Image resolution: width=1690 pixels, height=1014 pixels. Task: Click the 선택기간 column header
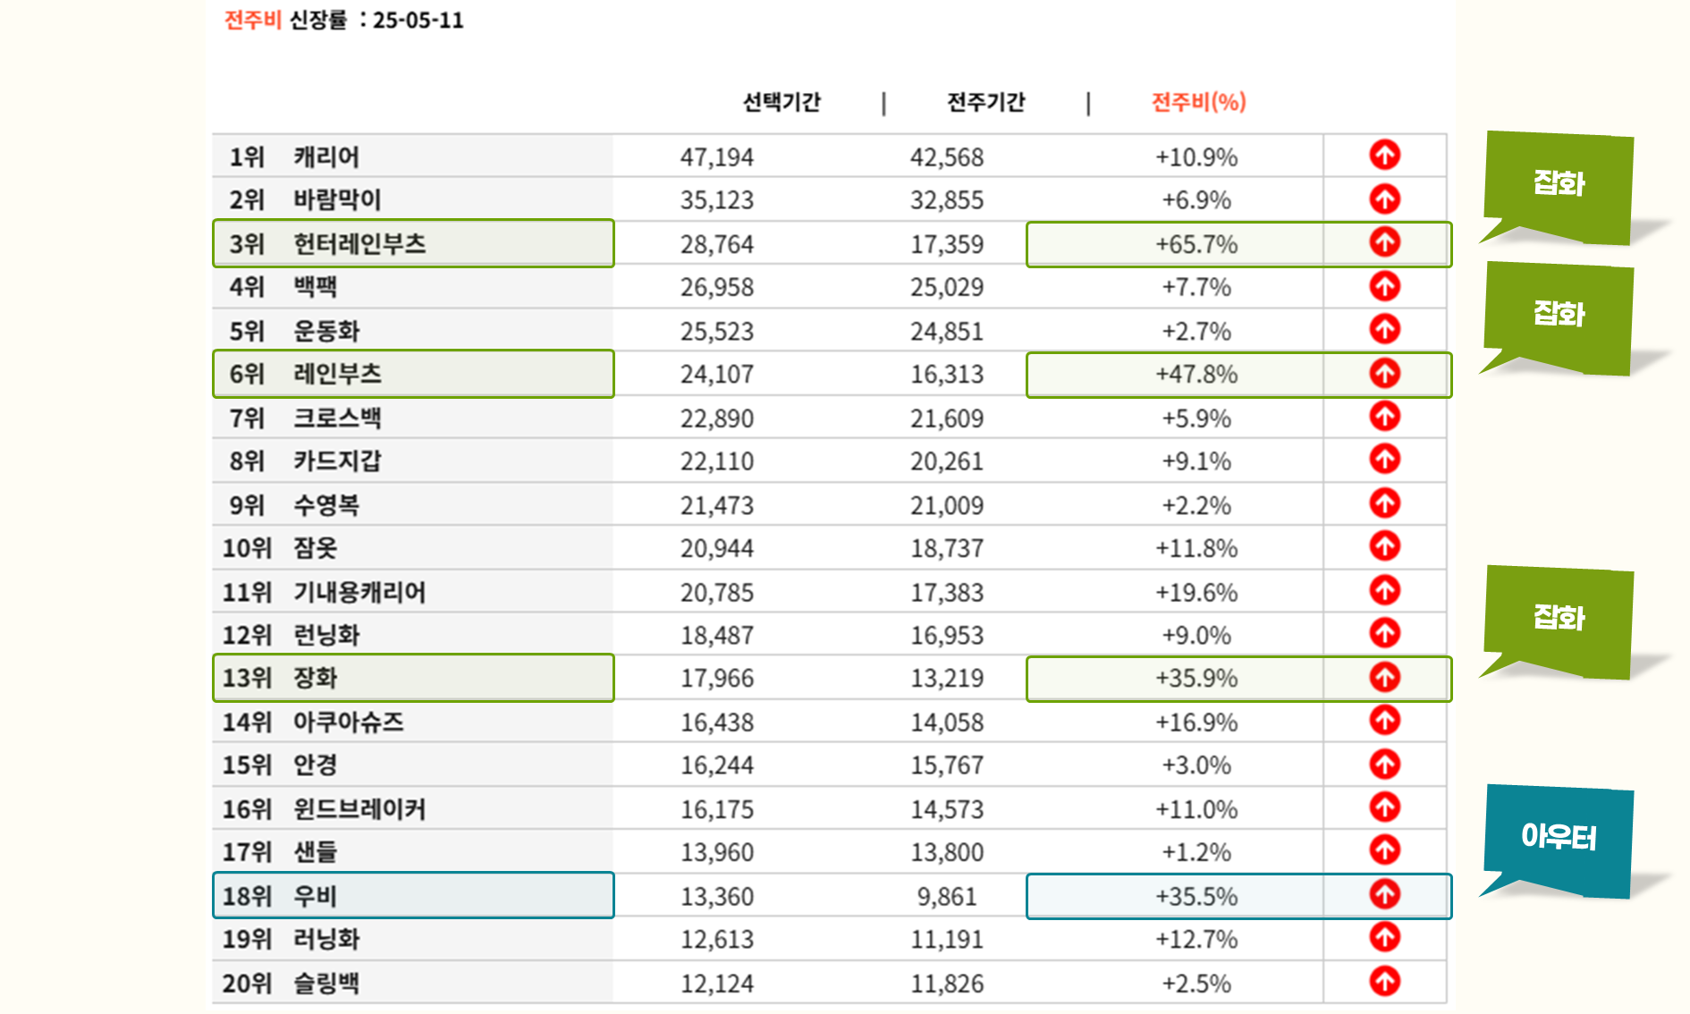click(x=781, y=102)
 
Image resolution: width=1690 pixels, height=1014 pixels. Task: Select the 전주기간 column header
click(x=985, y=102)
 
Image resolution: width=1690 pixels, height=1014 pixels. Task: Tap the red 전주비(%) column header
click(x=1198, y=102)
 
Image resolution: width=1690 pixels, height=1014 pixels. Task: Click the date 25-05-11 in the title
click(x=418, y=20)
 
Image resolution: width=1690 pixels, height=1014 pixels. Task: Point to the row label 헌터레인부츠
click(x=359, y=243)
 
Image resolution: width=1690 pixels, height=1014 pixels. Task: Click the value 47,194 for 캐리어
click(x=716, y=157)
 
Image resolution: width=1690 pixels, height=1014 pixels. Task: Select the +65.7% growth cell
click(x=1196, y=244)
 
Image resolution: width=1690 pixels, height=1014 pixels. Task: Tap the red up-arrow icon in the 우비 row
click(x=1384, y=894)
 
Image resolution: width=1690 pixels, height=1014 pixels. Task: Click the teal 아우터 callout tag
click(x=1558, y=838)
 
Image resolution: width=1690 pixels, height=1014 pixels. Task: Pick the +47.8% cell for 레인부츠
click(x=1196, y=374)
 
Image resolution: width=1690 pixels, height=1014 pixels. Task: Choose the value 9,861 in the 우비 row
click(x=946, y=896)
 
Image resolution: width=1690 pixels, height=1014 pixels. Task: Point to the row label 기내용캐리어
click(x=359, y=592)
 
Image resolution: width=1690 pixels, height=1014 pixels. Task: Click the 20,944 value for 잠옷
click(x=716, y=548)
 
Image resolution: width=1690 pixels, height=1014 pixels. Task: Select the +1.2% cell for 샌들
click(x=1196, y=852)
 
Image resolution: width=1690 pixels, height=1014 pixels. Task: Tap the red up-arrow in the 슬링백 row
click(x=1384, y=981)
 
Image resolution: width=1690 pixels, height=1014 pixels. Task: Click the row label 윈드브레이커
click(x=359, y=809)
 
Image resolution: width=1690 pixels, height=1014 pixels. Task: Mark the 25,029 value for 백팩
click(x=946, y=287)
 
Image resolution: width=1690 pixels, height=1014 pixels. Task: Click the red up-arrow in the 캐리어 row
click(x=1384, y=155)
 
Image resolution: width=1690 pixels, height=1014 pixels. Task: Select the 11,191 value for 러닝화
click(x=946, y=939)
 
